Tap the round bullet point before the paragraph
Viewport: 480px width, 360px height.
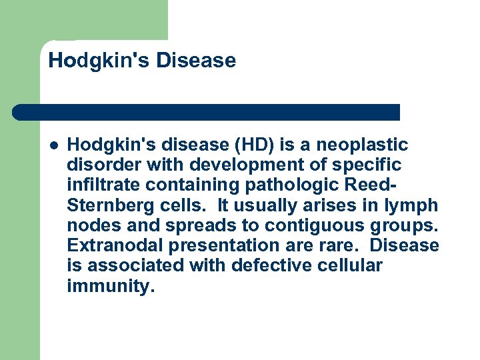click(x=53, y=145)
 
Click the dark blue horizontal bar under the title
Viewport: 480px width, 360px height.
click(x=207, y=112)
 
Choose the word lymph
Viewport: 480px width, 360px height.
click(x=415, y=205)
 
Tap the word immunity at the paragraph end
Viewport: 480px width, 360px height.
click(x=109, y=286)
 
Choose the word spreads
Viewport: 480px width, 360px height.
click(x=164, y=225)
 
